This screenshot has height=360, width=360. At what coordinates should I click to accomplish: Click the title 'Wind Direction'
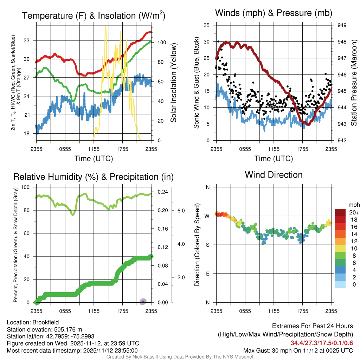[x=274, y=175]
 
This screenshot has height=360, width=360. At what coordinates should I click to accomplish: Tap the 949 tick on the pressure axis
[x=342, y=25]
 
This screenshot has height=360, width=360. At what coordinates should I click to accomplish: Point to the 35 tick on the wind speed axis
[x=207, y=25]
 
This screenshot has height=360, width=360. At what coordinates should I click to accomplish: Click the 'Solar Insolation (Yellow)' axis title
[x=174, y=83]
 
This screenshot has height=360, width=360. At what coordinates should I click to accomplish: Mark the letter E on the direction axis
[x=207, y=274]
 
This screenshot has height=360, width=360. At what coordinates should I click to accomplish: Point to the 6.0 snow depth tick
[x=180, y=211]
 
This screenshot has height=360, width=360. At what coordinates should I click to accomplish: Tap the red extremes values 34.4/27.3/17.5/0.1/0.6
[x=322, y=343]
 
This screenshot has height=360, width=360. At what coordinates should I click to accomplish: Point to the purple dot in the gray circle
[x=143, y=302]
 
